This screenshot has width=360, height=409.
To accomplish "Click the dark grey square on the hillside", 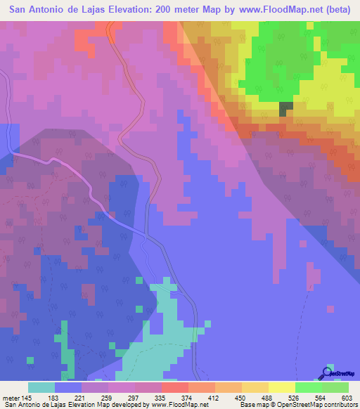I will tap(286, 109).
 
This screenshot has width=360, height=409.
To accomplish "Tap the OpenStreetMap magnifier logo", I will tap(326, 372).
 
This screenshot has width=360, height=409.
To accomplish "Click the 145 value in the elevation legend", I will tap(27, 398).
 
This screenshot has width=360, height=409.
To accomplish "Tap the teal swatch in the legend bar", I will tap(41, 387).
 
